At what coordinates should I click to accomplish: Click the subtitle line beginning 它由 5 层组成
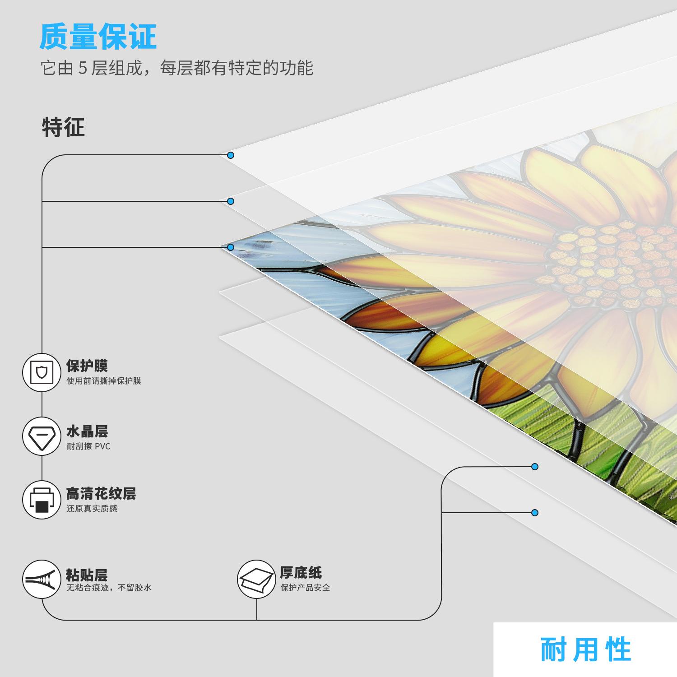tap(176, 68)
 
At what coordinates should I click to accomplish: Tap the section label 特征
tap(63, 127)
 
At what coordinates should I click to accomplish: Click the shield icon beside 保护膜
tap(42, 373)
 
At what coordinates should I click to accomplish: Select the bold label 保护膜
tap(87, 366)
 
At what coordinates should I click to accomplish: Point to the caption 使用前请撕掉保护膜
tap(104, 381)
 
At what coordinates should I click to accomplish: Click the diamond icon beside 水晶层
tap(42, 436)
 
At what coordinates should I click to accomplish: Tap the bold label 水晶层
tap(87, 431)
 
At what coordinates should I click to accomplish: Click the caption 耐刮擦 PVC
tap(88, 447)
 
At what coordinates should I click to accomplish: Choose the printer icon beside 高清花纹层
tap(42, 500)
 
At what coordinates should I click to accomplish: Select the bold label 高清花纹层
tap(101, 493)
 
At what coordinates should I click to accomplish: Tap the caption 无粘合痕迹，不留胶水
tap(109, 588)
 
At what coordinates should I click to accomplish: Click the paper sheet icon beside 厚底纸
tap(256, 579)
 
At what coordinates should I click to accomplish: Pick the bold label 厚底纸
tap(301, 573)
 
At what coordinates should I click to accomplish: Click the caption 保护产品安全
tap(306, 588)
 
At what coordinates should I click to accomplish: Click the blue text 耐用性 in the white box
tap(586, 650)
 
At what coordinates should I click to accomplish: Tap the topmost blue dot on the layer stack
tap(231, 155)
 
